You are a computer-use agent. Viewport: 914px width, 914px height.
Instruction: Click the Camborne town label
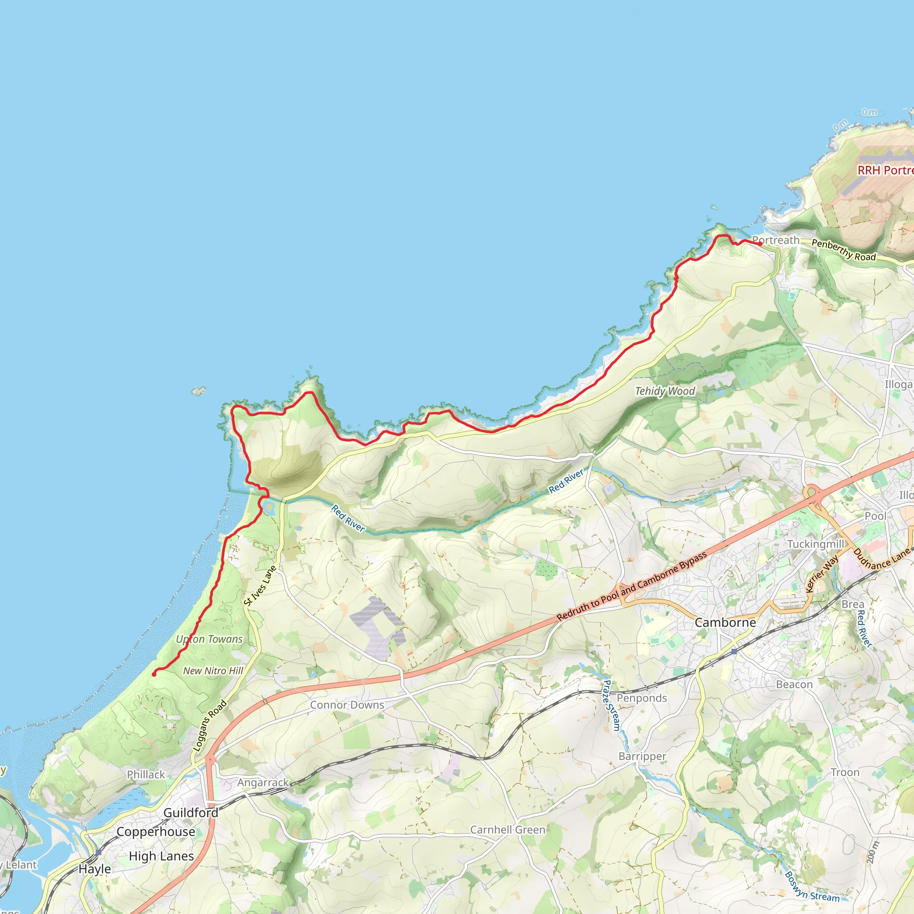pyautogui.click(x=725, y=623)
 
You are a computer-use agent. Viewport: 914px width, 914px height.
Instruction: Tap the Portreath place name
pyautogui.click(x=776, y=241)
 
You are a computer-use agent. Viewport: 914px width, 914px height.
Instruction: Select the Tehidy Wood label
pyautogui.click(x=665, y=391)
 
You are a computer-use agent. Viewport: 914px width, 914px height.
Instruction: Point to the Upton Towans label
pyautogui.click(x=209, y=639)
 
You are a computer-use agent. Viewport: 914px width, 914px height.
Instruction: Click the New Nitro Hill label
pyautogui.click(x=213, y=671)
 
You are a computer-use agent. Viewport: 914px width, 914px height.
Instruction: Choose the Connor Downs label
pyautogui.click(x=347, y=705)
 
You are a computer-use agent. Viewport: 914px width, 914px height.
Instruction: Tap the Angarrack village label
pyautogui.click(x=262, y=782)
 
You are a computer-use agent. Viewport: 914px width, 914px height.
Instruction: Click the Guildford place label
pyautogui.click(x=191, y=813)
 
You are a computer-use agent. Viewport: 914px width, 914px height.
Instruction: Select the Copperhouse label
pyautogui.click(x=156, y=832)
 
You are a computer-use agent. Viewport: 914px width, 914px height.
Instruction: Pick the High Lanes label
pyautogui.click(x=161, y=856)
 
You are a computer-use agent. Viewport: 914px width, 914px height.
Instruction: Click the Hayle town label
pyautogui.click(x=95, y=869)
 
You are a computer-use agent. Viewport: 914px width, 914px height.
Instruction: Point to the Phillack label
pyautogui.click(x=145, y=774)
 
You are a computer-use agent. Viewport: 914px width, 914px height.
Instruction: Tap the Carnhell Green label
pyautogui.click(x=507, y=830)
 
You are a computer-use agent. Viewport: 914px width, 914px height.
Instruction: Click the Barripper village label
pyautogui.click(x=643, y=756)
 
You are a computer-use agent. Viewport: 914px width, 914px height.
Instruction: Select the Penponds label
pyautogui.click(x=641, y=698)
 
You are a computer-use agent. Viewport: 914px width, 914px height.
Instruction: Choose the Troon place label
pyautogui.click(x=845, y=773)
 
